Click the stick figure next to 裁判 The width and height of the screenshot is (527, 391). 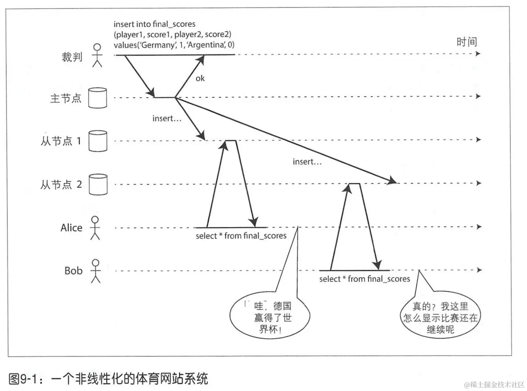(97, 55)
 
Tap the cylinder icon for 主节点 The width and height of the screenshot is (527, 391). (97, 98)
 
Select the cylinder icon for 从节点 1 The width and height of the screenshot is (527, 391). (97, 141)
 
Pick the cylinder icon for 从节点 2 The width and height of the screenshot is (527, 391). (98, 184)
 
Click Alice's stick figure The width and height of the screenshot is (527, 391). (95, 228)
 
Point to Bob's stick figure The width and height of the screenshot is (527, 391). (96, 271)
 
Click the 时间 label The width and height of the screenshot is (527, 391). (466, 42)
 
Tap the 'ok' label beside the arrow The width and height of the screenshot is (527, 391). (200, 78)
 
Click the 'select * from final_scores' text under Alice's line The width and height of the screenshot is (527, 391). (241, 236)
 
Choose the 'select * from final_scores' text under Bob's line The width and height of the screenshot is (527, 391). (364, 279)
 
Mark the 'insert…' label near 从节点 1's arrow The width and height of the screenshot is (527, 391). (167, 119)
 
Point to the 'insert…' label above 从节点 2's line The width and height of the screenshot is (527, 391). (307, 162)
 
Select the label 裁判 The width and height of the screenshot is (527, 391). (72, 57)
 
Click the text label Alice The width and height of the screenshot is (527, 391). (71, 228)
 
